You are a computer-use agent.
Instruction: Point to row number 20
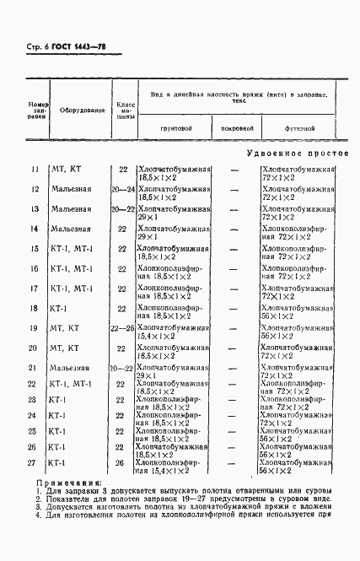[x=35, y=347]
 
